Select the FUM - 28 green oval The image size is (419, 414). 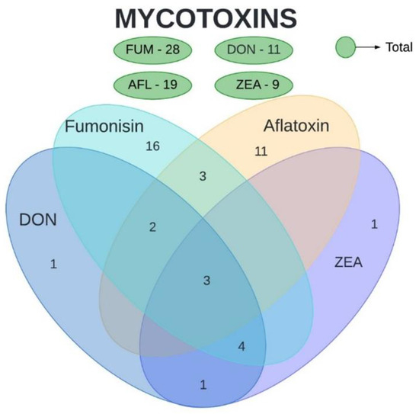coord(152,50)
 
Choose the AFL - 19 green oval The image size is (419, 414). coord(152,84)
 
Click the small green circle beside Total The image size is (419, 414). coord(347,47)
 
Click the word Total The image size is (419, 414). coord(399,47)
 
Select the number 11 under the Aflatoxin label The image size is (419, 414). coord(261,151)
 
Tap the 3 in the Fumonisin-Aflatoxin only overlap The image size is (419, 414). coord(203,177)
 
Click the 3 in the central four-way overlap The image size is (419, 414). coord(206,281)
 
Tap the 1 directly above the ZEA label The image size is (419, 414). coord(373,224)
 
